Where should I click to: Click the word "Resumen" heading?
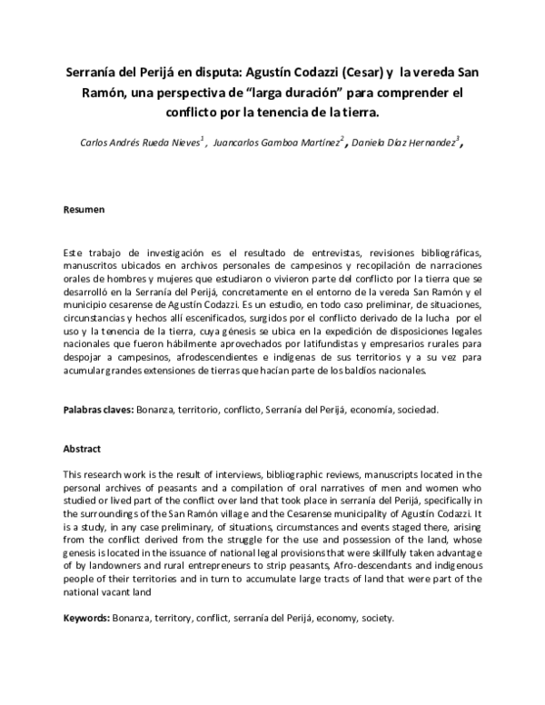click(84, 210)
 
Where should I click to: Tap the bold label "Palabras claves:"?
click(98, 410)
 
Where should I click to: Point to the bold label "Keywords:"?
click(86, 618)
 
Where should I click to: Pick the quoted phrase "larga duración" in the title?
click(297, 94)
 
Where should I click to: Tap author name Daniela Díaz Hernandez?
click(403, 143)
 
